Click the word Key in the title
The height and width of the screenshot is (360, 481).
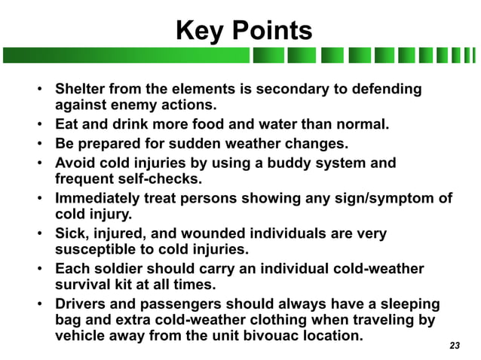pyautogui.click(x=198, y=31)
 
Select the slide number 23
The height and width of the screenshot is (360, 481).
pyautogui.click(x=454, y=346)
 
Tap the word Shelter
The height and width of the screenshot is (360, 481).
pyautogui.click(x=80, y=89)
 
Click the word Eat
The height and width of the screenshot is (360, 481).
pyautogui.click(x=67, y=124)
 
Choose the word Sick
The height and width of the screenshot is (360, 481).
pyautogui.click(x=71, y=233)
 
